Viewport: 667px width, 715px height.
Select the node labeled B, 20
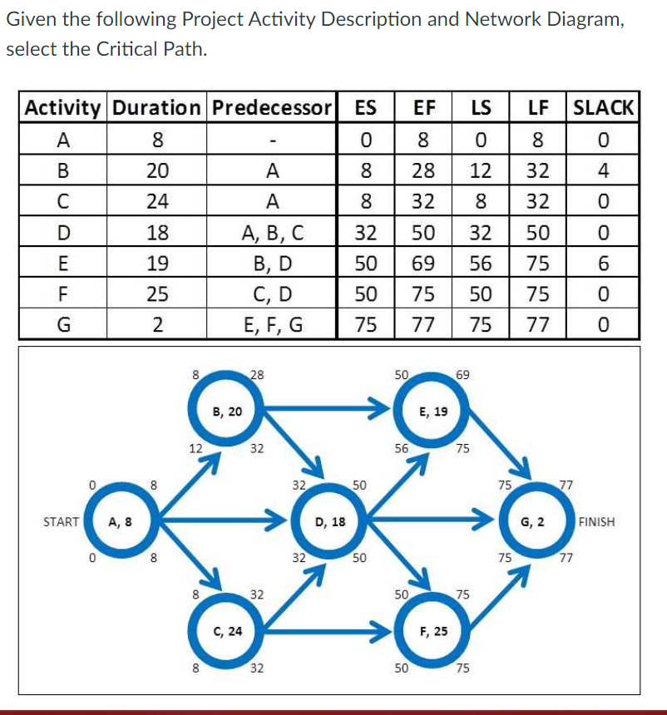[x=227, y=411]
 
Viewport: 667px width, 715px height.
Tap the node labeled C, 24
[x=227, y=631]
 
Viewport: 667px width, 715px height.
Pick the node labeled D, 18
[x=332, y=522]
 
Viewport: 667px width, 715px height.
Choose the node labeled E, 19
[x=433, y=411]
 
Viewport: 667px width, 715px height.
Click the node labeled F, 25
[x=433, y=631]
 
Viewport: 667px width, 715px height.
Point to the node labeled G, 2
[x=532, y=522]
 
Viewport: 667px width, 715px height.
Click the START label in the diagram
[x=62, y=522]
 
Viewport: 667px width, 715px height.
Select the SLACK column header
[x=604, y=107]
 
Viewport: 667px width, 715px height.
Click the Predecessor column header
[x=271, y=107]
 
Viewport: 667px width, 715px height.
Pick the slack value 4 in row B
[x=604, y=171]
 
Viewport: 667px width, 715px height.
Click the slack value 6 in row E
[x=604, y=264]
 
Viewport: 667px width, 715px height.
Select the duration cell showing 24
[x=156, y=202]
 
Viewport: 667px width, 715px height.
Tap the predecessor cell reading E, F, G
[x=271, y=324]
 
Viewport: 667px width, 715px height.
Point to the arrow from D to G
[x=432, y=522]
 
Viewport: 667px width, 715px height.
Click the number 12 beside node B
[x=195, y=448]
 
